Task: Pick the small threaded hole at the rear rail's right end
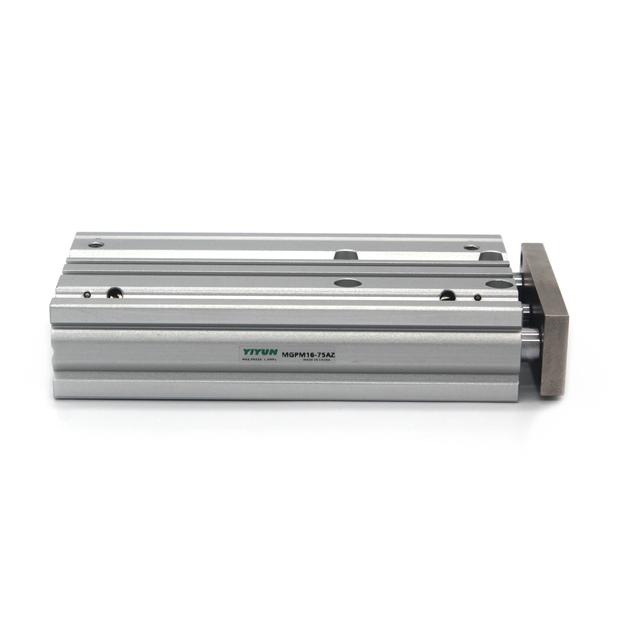(469, 248)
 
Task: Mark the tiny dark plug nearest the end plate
(477, 297)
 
